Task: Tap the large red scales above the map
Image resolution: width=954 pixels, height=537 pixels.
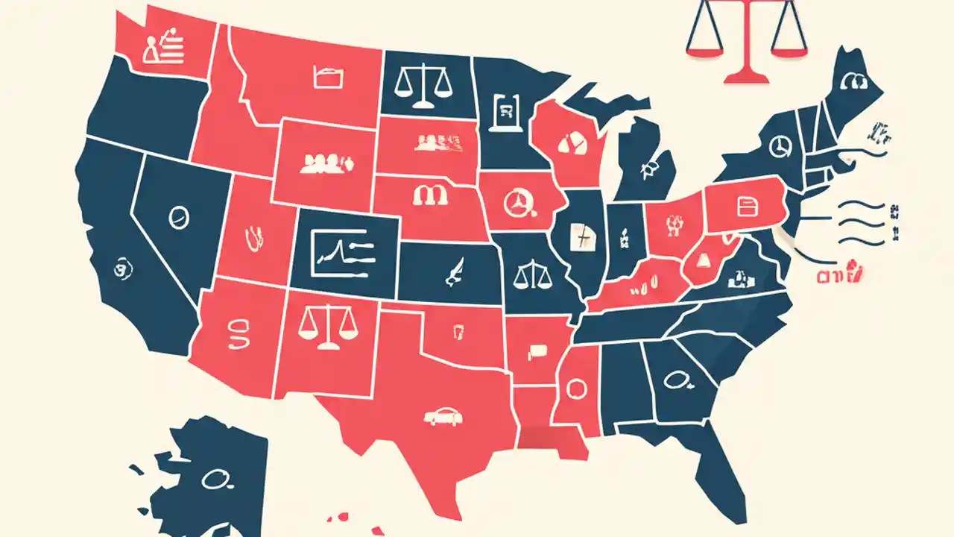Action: tap(745, 37)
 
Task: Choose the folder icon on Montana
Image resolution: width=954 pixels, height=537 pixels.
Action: tap(327, 78)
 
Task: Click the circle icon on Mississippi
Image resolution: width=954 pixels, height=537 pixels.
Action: tap(576, 389)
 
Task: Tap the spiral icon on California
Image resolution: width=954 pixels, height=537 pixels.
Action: tap(119, 267)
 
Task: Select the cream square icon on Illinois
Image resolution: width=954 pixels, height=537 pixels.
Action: tap(581, 237)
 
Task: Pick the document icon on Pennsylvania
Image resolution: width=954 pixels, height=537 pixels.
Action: tap(745, 205)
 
